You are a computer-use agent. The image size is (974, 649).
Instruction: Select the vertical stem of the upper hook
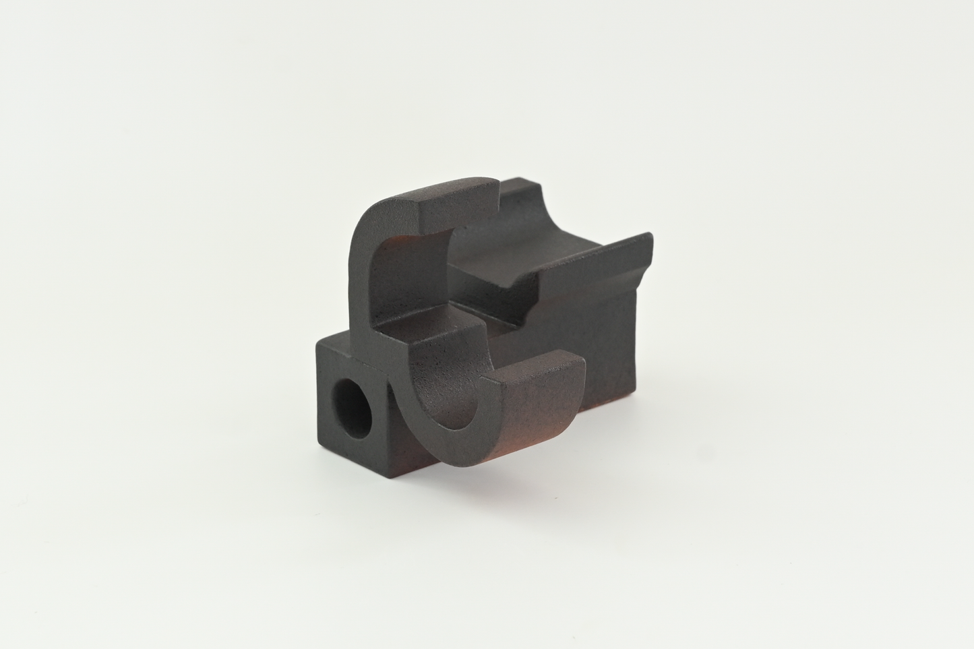coord(367,270)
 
